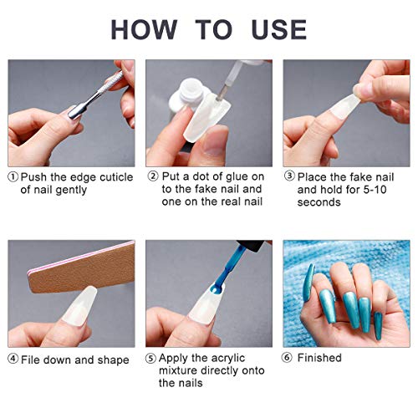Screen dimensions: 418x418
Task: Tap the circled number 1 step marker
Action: click(x=13, y=177)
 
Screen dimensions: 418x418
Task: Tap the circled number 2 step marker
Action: click(x=153, y=177)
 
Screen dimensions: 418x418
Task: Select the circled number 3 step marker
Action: click(x=290, y=177)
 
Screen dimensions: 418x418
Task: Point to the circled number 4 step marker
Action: click(x=13, y=359)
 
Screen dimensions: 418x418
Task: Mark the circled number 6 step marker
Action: click(x=290, y=359)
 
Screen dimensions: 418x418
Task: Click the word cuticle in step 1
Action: click(x=114, y=177)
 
